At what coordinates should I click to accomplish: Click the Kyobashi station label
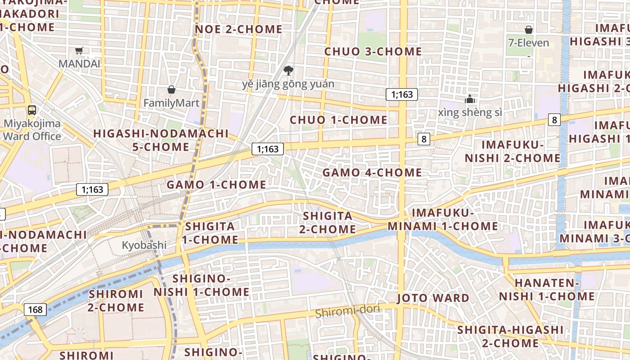click(144, 245)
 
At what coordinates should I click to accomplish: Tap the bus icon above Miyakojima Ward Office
click(32, 110)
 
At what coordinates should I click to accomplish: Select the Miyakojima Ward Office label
click(32, 130)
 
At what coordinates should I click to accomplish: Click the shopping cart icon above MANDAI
click(79, 51)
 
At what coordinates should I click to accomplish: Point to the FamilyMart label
click(171, 103)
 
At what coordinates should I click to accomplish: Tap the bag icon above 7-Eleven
click(529, 30)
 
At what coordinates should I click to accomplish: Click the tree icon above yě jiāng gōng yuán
click(288, 70)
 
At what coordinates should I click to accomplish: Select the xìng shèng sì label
click(470, 112)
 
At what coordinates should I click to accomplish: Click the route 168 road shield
click(35, 310)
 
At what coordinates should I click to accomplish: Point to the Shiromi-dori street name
click(348, 310)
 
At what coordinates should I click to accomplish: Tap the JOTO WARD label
click(433, 298)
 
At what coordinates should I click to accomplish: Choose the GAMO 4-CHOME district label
click(372, 172)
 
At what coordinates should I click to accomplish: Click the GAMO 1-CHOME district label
click(216, 184)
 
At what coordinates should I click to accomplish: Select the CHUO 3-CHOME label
click(373, 51)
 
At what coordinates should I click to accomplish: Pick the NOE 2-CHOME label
click(238, 30)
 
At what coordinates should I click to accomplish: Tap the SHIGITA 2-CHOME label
click(328, 223)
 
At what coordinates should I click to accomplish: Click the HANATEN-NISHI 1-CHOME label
click(547, 290)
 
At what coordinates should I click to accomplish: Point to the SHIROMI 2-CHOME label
click(116, 301)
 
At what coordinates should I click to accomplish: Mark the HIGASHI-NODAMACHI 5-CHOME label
click(161, 140)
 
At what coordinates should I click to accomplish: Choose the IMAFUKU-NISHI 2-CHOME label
click(513, 152)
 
